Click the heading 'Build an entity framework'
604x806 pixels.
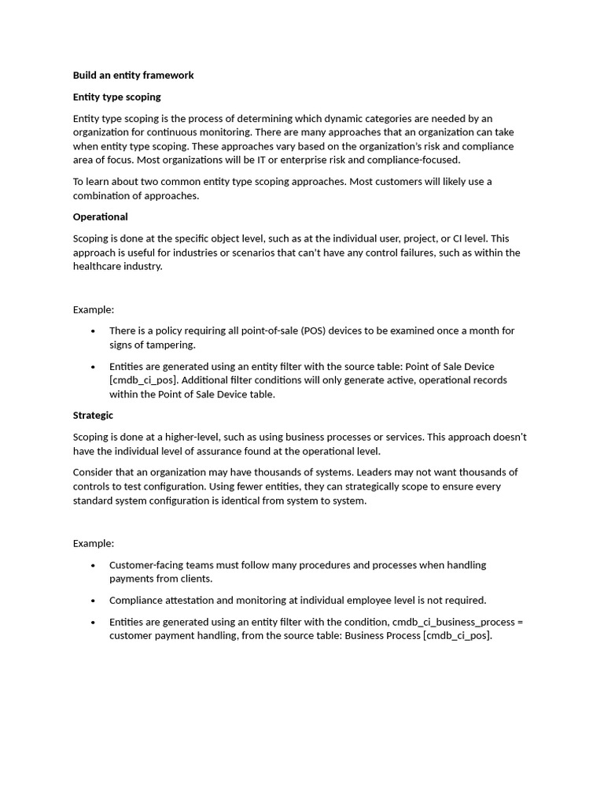click(133, 76)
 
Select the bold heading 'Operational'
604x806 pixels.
click(100, 216)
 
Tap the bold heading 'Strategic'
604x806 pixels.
click(93, 415)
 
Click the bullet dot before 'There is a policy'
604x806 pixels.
click(94, 331)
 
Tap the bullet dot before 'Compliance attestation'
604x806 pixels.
click(94, 601)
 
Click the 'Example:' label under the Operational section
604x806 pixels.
click(94, 309)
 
